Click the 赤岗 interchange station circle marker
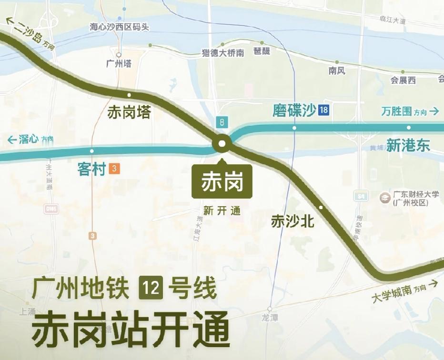(x=222, y=144)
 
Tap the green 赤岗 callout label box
(x=222, y=181)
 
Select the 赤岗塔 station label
(x=129, y=112)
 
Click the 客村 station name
(x=91, y=169)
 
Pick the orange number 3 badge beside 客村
(x=114, y=169)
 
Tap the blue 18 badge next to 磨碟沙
(x=324, y=111)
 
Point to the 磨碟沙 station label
(x=294, y=111)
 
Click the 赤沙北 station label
(x=293, y=221)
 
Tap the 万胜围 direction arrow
(x=434, y=111)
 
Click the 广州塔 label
(x=119, y=63)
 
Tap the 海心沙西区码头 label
(x=120, y=27)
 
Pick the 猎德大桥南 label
(x=223, y=53)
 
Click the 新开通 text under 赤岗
(x=222, y=211)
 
